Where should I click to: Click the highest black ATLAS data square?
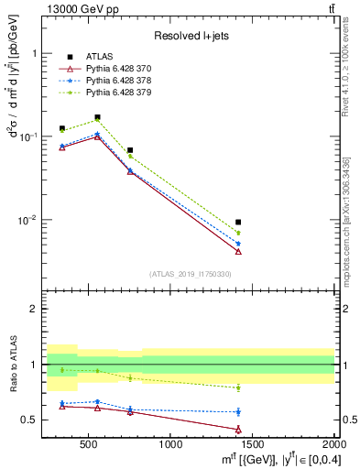click(97, 117)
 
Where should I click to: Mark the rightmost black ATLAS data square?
click(238, 222)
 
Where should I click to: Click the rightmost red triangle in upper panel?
click(238, 251)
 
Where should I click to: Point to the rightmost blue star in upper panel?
click(238, 243)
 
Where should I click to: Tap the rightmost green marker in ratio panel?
click(238, 387)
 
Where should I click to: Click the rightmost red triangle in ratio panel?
click(238, 429)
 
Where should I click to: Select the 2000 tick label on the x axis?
click(332, 445)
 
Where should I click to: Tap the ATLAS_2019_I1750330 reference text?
click(190, 274)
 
